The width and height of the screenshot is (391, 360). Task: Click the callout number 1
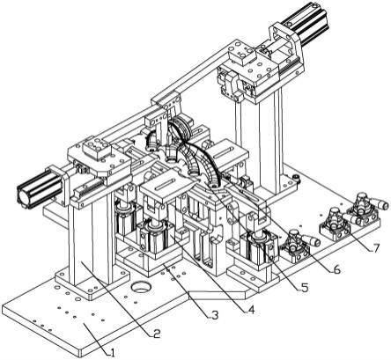coord(112,352)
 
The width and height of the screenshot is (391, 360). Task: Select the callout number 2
coord(157,333)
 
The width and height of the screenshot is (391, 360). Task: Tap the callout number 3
coord(215,315)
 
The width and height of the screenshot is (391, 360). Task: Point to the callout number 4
coord(251,309)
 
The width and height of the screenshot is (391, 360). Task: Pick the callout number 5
coord(304,288)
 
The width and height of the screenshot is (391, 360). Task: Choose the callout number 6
coord(336,269)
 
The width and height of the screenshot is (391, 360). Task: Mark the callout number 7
coord(375,248)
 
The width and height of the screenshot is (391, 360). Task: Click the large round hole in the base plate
coord(140,287)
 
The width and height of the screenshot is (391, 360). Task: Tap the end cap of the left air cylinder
coord(24,196)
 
